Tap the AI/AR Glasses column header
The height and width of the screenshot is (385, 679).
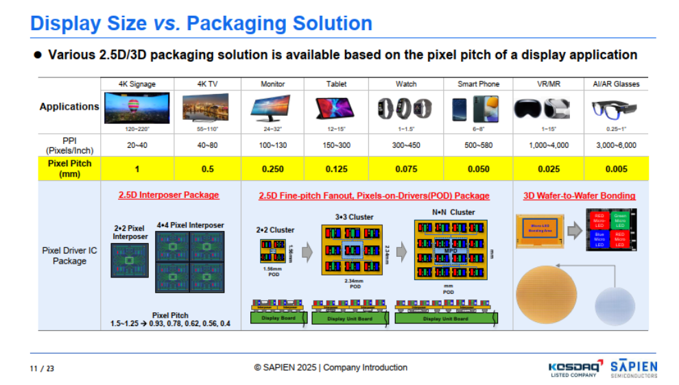(615, 84)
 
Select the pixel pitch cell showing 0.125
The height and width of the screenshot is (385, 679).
(336, 169)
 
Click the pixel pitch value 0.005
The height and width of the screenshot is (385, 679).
(615, 169)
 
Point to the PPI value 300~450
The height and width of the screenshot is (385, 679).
(406, 145)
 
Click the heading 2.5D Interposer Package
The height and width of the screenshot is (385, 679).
(169, 195)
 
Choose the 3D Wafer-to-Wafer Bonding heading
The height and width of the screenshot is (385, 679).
(579, 196)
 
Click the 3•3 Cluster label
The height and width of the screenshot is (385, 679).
(354, 217)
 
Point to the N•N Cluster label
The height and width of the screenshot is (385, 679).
(453, 212)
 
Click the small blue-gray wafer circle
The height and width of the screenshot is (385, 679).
(615, 306)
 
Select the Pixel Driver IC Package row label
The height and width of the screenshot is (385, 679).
(69, 256)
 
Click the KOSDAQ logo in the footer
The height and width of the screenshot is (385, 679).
(575, 369)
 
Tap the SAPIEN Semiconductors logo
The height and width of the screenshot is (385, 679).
(633, 368)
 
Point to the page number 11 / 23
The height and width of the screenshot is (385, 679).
(42, 369)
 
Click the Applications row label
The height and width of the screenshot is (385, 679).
(69, 107)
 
